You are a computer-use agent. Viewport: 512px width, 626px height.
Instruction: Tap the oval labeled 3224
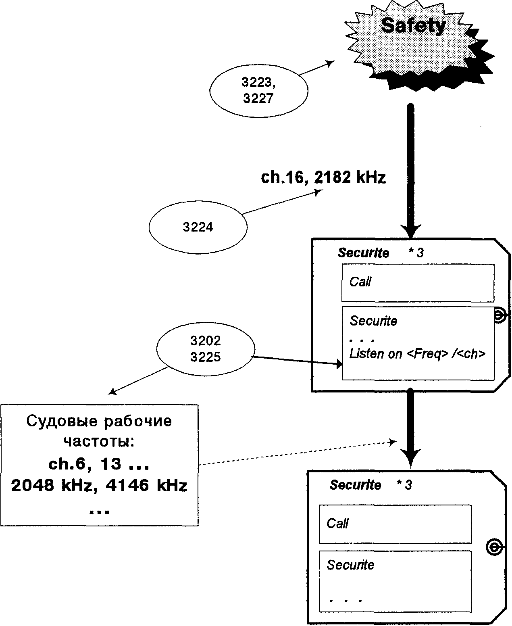tap(198, 227)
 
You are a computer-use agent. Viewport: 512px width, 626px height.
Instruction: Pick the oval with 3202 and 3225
tap(206, 349)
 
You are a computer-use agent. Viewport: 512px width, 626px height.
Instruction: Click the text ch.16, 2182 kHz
tap(323, 177)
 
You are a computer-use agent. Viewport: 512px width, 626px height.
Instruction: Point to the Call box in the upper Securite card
tap(418, 282)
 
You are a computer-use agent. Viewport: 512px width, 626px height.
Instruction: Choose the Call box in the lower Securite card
tap(395, 524)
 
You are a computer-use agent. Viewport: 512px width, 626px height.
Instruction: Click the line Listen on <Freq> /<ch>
tap(417, 354)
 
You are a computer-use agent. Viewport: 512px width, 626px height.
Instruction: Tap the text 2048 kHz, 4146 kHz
tap(99, 486)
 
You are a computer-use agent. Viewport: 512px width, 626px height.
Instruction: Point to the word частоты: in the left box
tap(99, 442)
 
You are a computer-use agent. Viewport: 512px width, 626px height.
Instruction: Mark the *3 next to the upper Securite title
tap(416, 253)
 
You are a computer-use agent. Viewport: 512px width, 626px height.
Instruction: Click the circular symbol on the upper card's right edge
tap(499, 315)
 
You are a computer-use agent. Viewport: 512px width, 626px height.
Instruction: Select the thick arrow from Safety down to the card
tap(410, 169)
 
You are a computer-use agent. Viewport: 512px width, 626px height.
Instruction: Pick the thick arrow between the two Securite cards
tap(410, 428)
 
